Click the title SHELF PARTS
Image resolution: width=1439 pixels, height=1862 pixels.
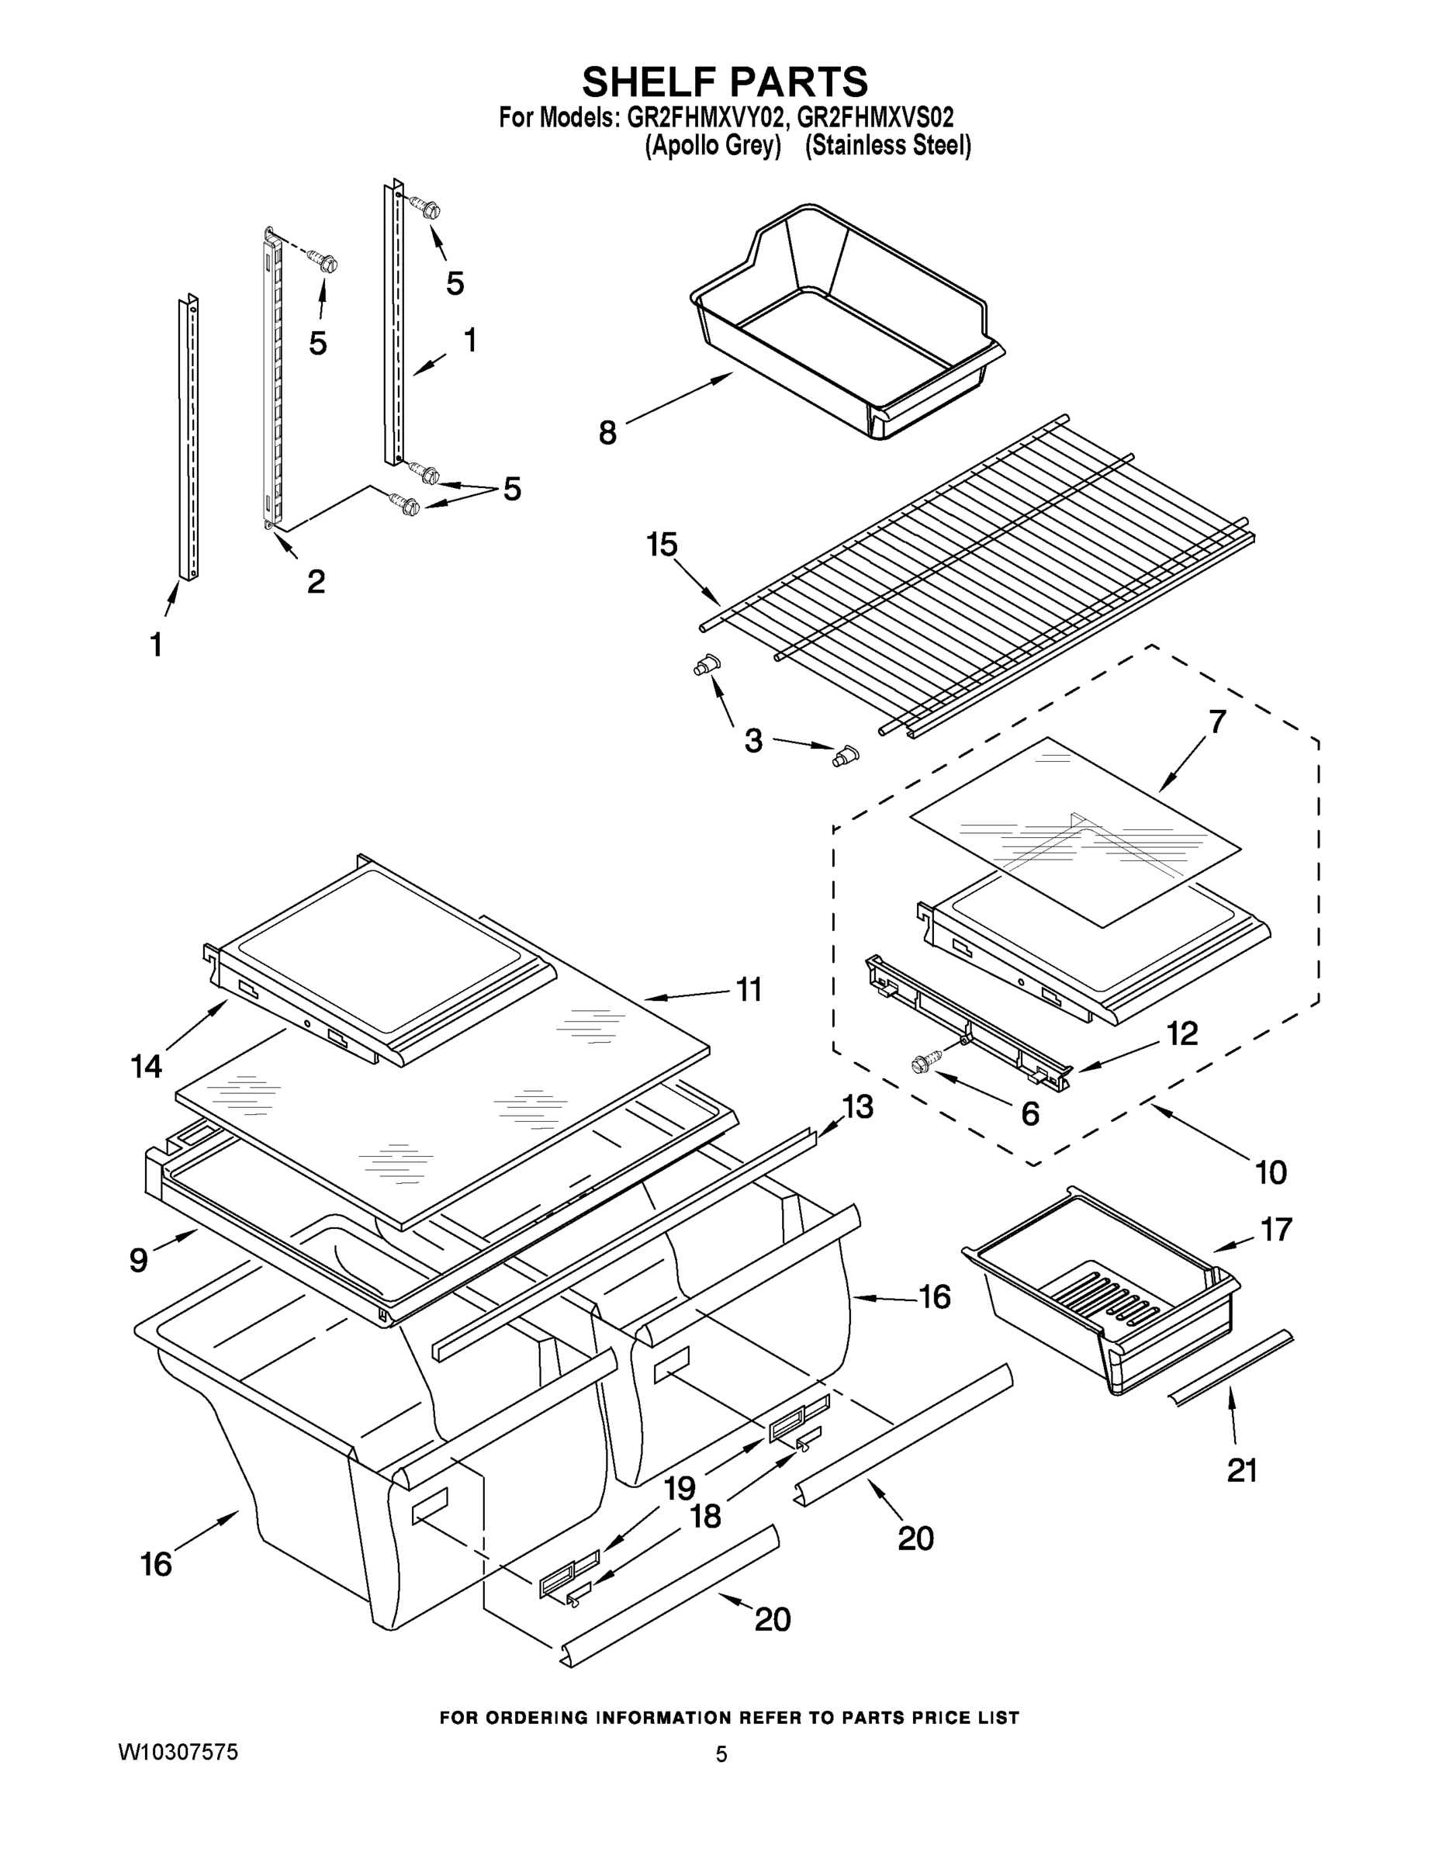tap(725, 81)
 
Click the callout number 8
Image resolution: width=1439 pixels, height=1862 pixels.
tap(607, 433)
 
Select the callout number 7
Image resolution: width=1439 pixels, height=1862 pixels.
tap(1216, 722)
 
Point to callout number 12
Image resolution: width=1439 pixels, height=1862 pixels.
tap(1181, 1033)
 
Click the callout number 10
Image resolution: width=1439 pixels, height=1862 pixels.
tap(1270, 1172)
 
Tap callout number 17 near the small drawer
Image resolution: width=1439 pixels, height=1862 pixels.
tap(1276, 1229)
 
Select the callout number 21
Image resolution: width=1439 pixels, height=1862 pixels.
tap(1241, 1471)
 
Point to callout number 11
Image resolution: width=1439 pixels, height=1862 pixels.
tap(748, 990)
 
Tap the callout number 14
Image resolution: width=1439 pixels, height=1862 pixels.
tap(146, 1065)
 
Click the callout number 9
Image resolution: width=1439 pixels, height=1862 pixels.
tap(138, 1259)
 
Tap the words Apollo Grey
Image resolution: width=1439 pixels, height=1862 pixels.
tap(713, 146)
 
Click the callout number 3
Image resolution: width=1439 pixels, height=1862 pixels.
tap(752, 740)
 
